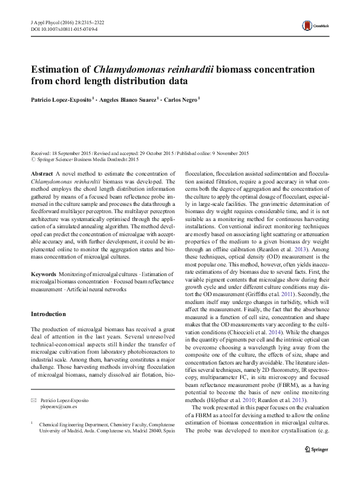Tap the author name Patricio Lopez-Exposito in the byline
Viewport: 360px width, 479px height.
[x=60, y=99]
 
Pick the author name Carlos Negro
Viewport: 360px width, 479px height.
[x=184, y=99]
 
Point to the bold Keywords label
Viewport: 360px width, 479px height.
[x=44, y=275]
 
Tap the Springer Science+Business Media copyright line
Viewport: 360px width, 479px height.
[x=85, y=159]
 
